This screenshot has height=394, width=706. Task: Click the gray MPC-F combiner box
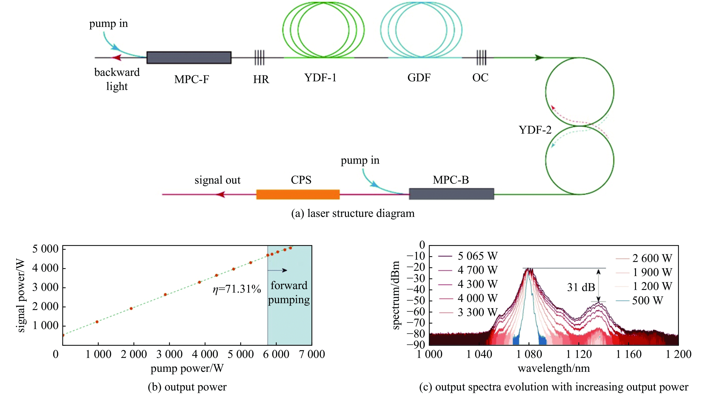coord(189,58)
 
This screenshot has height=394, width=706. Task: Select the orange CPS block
coord(298,194)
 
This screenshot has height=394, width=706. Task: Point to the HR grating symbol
coord(259,58)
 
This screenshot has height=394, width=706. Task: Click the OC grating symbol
coord(481,58)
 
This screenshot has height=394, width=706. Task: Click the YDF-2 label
coord(535,130)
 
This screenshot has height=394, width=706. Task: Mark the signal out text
coord(217,180)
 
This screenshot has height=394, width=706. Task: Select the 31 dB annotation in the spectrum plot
coord(581,287)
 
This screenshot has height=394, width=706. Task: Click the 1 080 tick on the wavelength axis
coord(529,354)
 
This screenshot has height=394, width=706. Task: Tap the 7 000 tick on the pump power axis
coord(312,354)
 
